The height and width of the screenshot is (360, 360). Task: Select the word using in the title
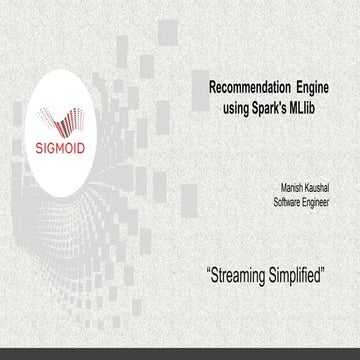tap(237, 106)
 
